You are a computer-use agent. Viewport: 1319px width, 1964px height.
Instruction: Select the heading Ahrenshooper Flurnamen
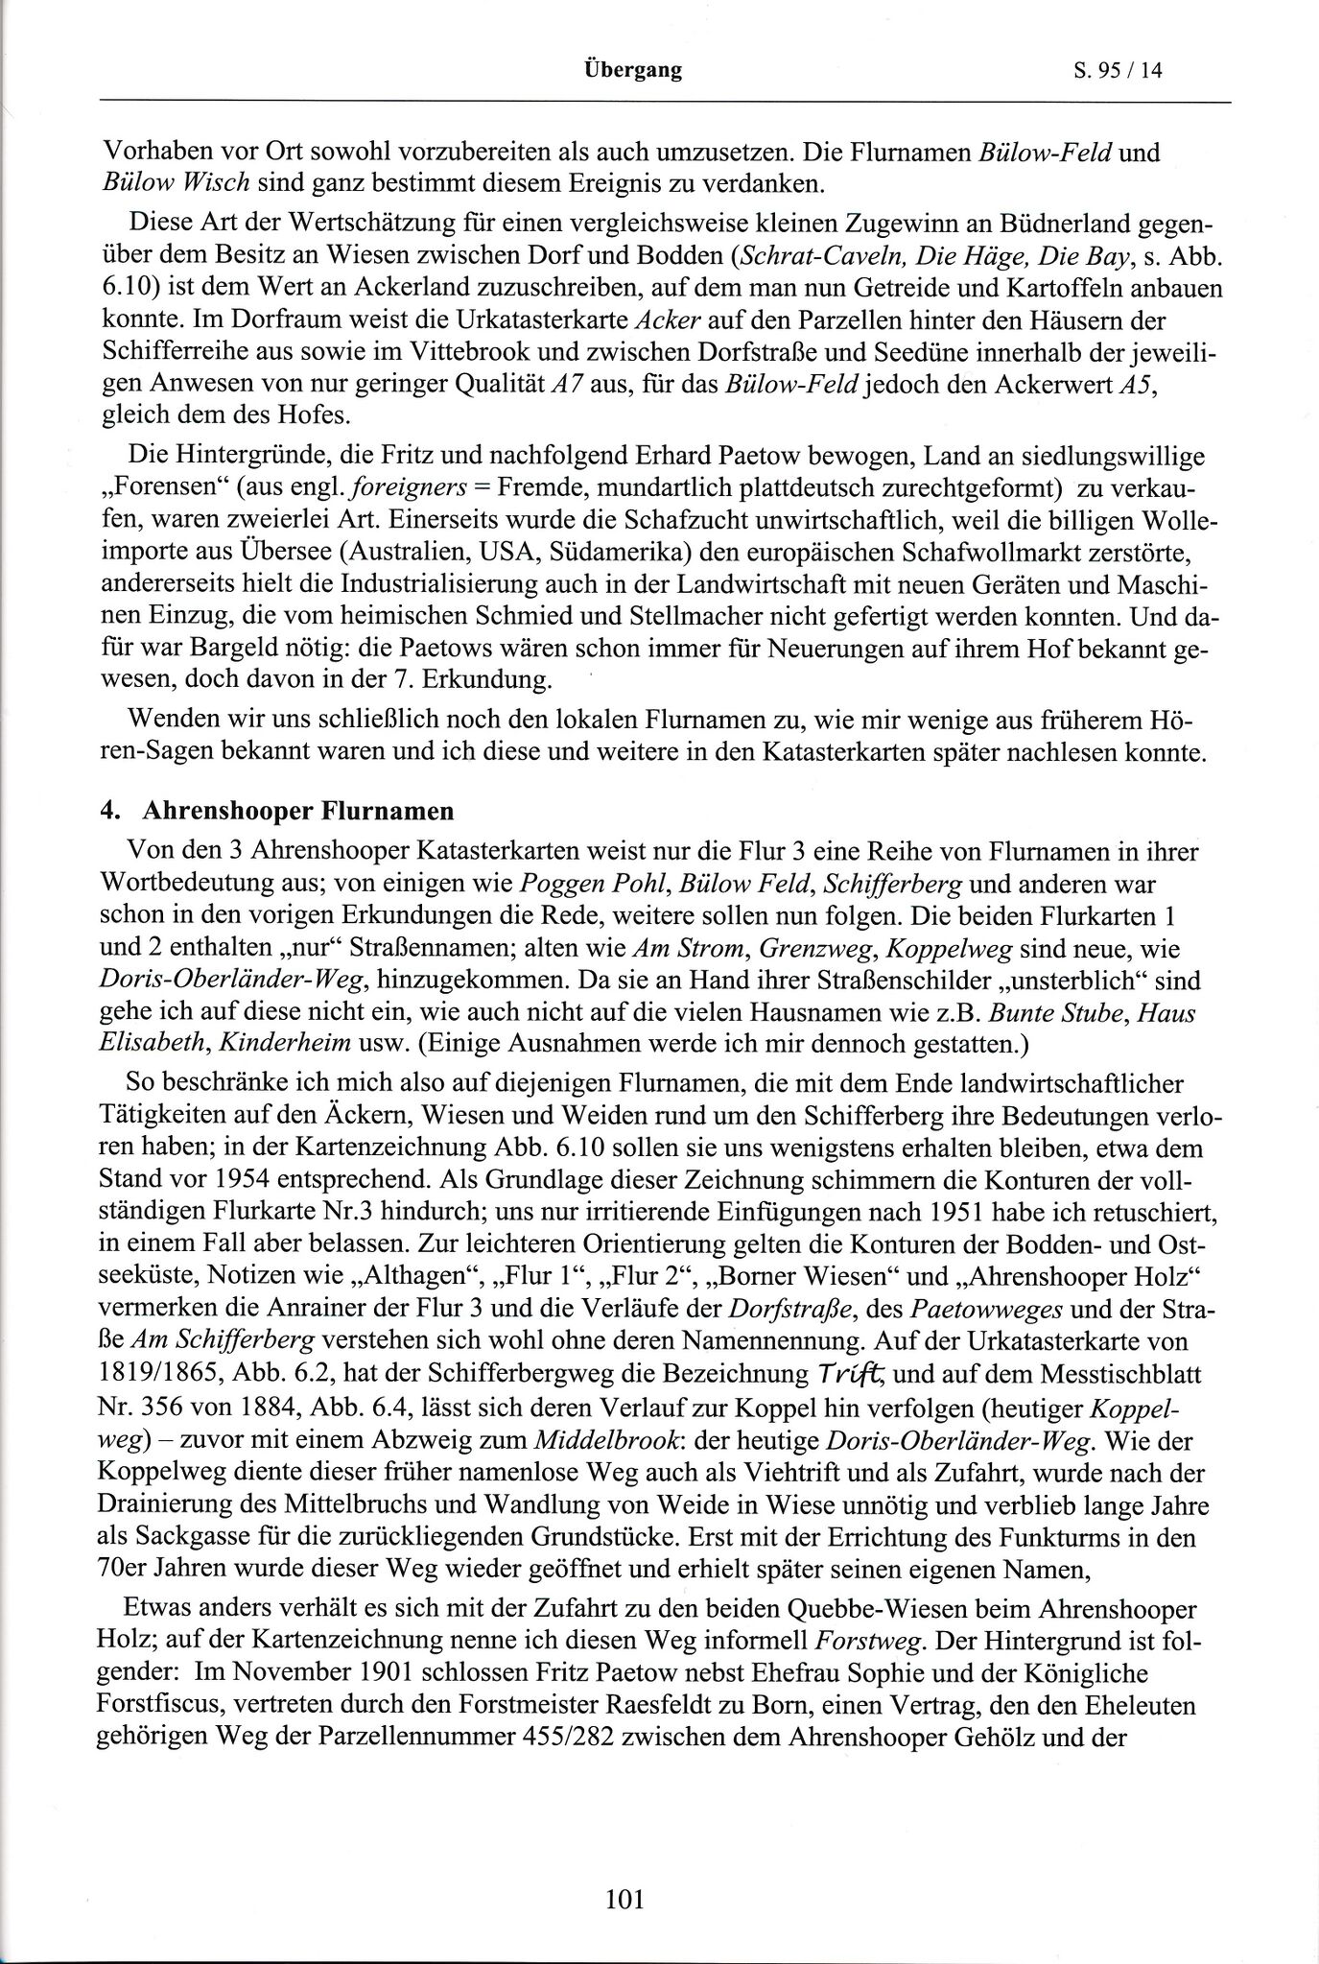tap(297, 811)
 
